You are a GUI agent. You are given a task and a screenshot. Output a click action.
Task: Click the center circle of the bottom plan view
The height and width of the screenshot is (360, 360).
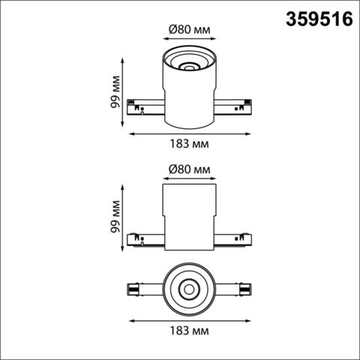[188, 288]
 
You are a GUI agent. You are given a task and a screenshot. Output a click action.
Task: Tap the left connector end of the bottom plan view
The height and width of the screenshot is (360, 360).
[136, 288]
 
